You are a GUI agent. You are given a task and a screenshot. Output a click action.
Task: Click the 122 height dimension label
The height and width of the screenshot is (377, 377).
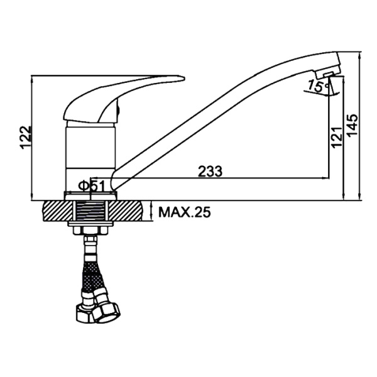tap(26, 137)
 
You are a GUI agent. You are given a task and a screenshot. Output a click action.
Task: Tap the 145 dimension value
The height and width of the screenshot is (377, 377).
tap(353, 126)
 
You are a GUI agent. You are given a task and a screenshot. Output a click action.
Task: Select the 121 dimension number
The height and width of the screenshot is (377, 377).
tap(337, 137)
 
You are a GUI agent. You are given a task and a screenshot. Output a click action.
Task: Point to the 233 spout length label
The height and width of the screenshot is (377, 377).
tap(210, 172)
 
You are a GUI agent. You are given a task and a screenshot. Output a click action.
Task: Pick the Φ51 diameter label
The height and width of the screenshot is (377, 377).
tap(92, 186)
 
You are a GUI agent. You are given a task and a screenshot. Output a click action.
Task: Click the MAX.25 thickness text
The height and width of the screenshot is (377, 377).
tap(184, 212)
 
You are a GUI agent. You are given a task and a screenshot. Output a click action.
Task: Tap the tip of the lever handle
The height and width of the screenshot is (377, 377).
tap(185, 78)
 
